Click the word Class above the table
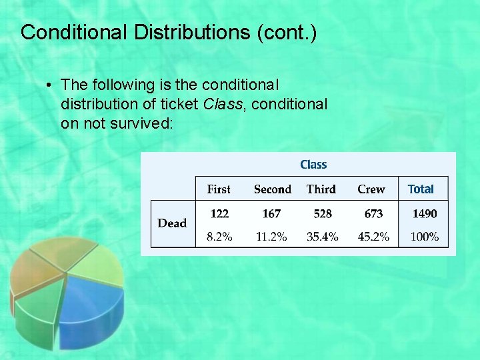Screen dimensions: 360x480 click(x=313, y=165)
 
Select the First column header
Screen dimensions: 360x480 click(x=219, y=189)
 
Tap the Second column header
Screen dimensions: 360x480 click(x=273, y=189)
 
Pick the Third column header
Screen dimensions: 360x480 click(x=321, y=189)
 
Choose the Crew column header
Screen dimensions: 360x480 click(x=371, y=189)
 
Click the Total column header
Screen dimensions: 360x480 click(x=421, y=189)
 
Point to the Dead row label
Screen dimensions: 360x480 click(x=172, y=223)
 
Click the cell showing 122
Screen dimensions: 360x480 click(x=219, y=214)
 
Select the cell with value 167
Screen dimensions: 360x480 click(x=271, y=214)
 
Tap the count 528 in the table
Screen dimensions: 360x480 click(x=323, y=214)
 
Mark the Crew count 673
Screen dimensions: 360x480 click(x=374, y=214)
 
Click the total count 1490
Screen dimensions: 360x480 click(x=425, y=214)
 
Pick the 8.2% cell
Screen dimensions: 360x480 click(x=219, y=237)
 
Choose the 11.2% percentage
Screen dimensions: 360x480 click(x=271, y=237)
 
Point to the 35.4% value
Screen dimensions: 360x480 click(x=323, y=237)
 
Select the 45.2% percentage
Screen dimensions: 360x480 click(x=374, y=237)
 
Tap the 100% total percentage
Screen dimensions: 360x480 click(x=425, y=237)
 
